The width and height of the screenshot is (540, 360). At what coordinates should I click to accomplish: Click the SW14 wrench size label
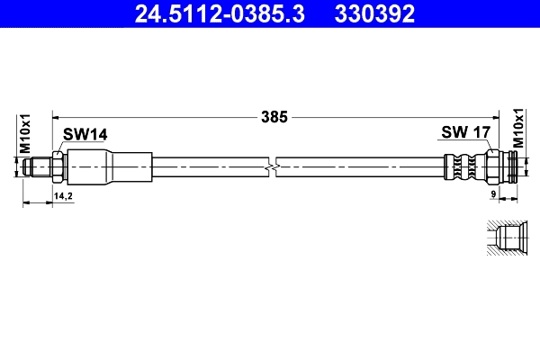coord(85,134)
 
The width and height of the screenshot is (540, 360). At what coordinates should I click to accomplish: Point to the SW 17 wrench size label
coord(465,133)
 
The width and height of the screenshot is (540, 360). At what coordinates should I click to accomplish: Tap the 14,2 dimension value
coord(64,195)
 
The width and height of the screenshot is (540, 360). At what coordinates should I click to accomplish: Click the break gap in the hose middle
coord(274,166)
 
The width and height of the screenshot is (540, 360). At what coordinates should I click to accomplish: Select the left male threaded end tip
coord(35,166)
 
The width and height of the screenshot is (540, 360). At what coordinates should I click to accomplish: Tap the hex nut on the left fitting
coord(58,166)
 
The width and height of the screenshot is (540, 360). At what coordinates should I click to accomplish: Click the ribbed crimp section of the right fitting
coord(464,166)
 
